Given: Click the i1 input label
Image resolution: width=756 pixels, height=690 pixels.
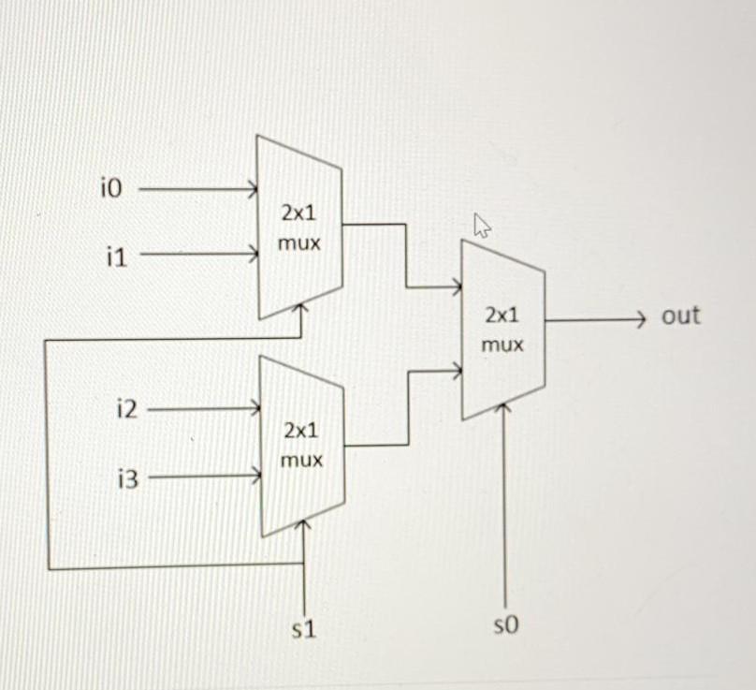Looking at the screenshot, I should (x=116, y=254).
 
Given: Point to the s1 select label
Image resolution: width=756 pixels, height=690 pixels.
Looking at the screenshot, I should (x=303, y=630).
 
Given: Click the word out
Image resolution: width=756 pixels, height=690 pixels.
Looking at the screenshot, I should (x=680, y=316).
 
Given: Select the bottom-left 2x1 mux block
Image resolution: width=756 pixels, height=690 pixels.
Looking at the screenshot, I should (x=302, y=446).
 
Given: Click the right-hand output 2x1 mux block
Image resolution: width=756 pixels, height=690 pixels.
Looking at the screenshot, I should (x=502, y=330).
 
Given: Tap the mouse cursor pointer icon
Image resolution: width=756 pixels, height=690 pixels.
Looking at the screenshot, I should (x=483, y=226).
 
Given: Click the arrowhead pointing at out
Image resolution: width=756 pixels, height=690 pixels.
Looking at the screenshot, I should (x=640, y=319).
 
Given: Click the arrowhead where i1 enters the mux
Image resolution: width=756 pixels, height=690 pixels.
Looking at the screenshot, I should (x=253, y=253).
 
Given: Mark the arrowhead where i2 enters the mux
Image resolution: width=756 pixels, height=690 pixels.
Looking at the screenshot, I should (x=254, y=408).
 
